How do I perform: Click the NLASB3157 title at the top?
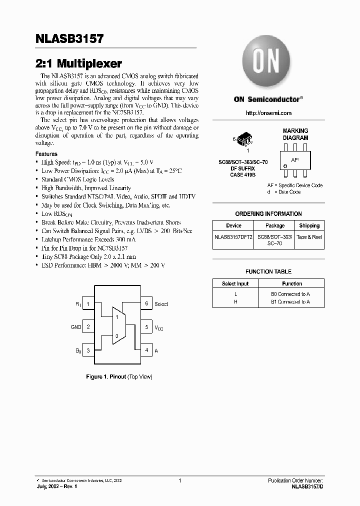[69, 38]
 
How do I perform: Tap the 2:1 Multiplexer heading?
[79, 63]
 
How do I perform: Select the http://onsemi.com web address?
[268, 113]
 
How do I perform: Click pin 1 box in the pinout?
[88, 303]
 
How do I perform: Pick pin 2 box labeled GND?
[88, 327]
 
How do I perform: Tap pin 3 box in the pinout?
[88, 350]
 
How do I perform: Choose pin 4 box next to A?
[146, 350]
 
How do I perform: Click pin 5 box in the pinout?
[146, 327]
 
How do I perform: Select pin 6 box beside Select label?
[146, 303]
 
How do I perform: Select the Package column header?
[274, 225]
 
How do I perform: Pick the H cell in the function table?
[235, 301]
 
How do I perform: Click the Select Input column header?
[235, 283]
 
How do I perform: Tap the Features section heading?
[46, 154]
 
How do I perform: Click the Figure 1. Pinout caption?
[119, 376]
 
